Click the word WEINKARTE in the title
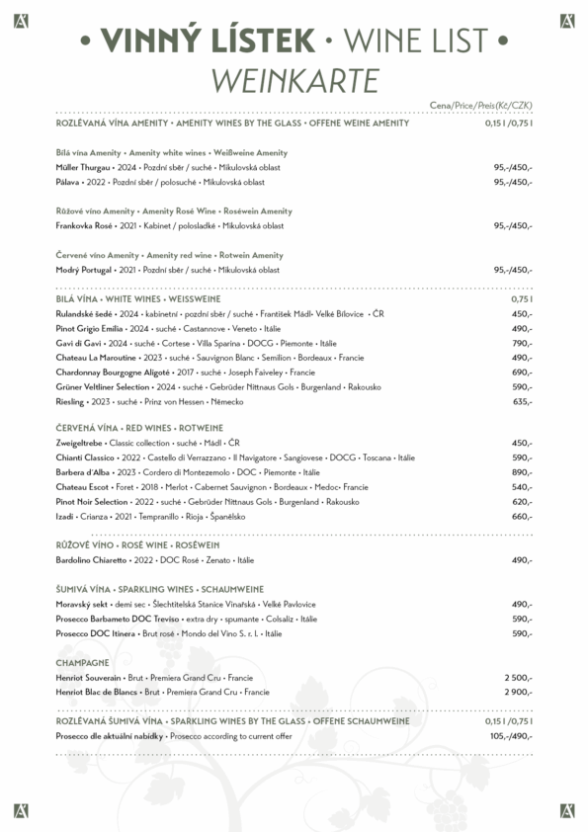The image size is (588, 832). (x=294, y=78)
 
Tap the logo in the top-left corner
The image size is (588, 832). (x=21, y=20)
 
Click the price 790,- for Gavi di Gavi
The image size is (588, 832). (x=522, y=343)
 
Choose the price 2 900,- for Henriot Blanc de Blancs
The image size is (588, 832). (x=518, y=693)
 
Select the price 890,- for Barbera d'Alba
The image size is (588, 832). (x=522, y=472)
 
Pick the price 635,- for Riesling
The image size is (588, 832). (x=522, y=402)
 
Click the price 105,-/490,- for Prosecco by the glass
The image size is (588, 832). (x=511, y=736)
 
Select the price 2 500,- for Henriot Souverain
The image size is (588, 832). (x=518, y=678)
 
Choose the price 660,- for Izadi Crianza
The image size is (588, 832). (x=522, y=517)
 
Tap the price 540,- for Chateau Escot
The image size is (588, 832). (x=522, y=487)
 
